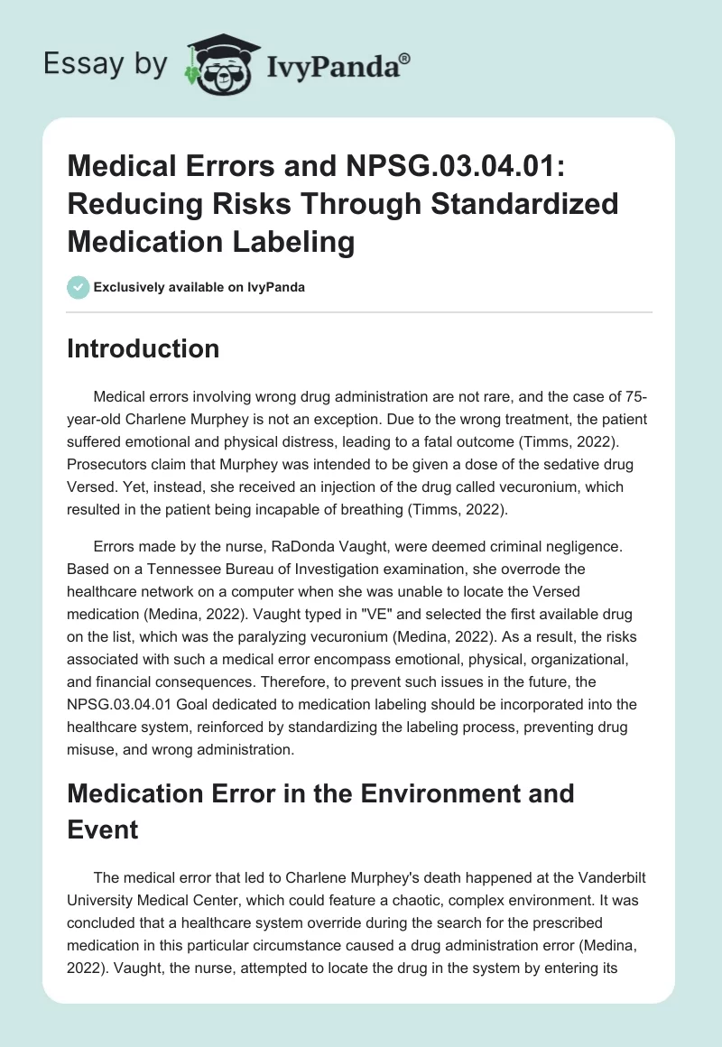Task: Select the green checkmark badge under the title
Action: point(78,287)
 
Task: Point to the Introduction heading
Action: point(143,348)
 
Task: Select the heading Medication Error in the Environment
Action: point(320,793)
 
